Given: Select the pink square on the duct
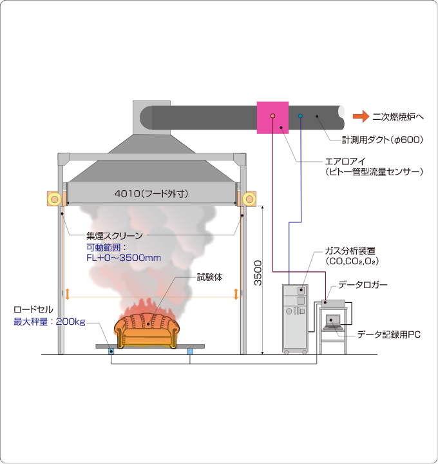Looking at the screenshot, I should click(272, 117).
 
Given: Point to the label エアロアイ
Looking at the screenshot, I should click(346, 162).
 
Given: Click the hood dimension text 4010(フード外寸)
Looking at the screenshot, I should click(152, 193).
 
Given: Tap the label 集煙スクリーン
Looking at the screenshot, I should click(115, 236).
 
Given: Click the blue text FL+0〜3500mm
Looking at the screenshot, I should click(124, 258).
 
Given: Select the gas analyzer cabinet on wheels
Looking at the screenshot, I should click(295, 317).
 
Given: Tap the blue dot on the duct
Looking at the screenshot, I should click(300, 117).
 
